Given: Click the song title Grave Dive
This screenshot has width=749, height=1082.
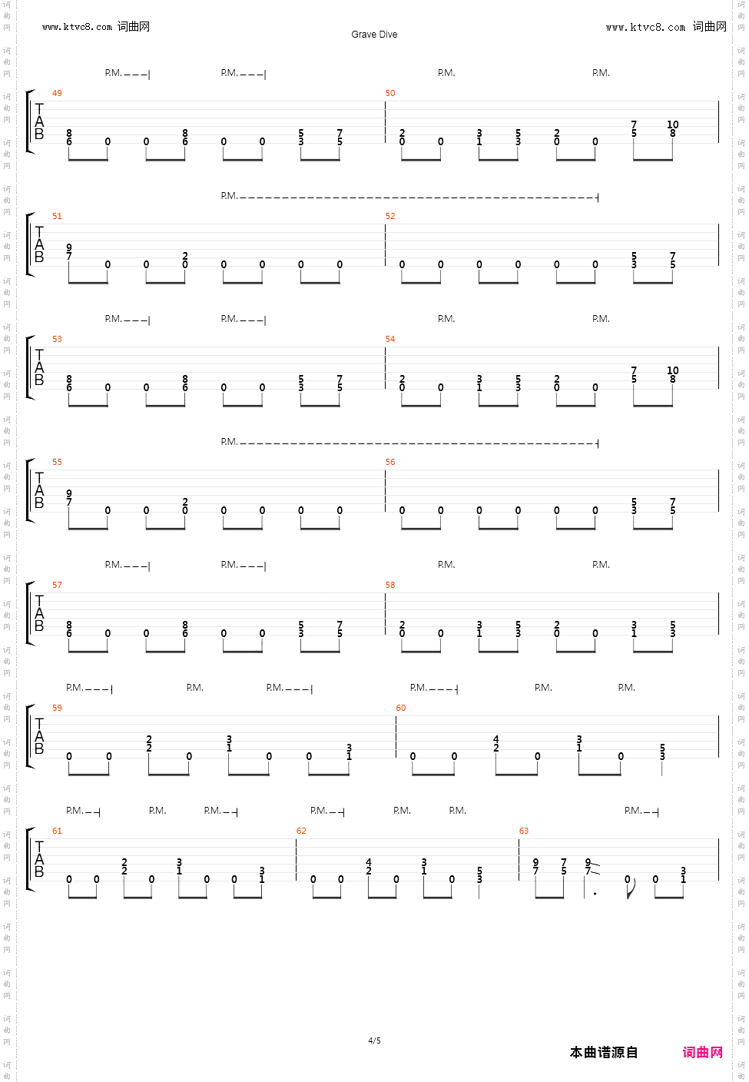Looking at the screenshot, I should tap(374, 35).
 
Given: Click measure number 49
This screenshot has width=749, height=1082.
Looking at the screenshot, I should tap(57, 93).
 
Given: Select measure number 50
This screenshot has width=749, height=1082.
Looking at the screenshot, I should tap(390, 93).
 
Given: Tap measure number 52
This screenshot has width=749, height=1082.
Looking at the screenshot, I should tap(390, 216).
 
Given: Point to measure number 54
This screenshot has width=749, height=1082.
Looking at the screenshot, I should tap(390, 339).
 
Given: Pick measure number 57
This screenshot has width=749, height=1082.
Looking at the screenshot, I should tap(57, 585).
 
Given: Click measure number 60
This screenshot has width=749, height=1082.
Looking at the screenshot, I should tap(401, 708).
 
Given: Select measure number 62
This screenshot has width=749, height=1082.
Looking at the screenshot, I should tap(301, 831).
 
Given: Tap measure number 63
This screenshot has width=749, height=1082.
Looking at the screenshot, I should tap(524, 831).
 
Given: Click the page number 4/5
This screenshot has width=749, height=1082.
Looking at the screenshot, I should tap(374, 1041).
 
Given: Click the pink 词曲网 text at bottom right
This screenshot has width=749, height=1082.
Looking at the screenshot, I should tap(702, 1052).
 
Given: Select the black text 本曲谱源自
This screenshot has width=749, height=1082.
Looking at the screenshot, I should tap(604, 1052).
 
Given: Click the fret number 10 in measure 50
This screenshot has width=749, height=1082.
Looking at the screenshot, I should tap(673, 124).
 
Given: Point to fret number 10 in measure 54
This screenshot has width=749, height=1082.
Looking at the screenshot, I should tap(673, 370).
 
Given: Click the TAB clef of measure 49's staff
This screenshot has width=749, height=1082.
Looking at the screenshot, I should tap(39, 121).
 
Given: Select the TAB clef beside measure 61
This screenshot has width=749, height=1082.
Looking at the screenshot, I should tap(39, 859).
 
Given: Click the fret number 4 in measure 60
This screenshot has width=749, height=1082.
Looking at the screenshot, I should tap(496, 739).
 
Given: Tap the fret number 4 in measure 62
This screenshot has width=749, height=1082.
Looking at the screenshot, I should tap(369, 862).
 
